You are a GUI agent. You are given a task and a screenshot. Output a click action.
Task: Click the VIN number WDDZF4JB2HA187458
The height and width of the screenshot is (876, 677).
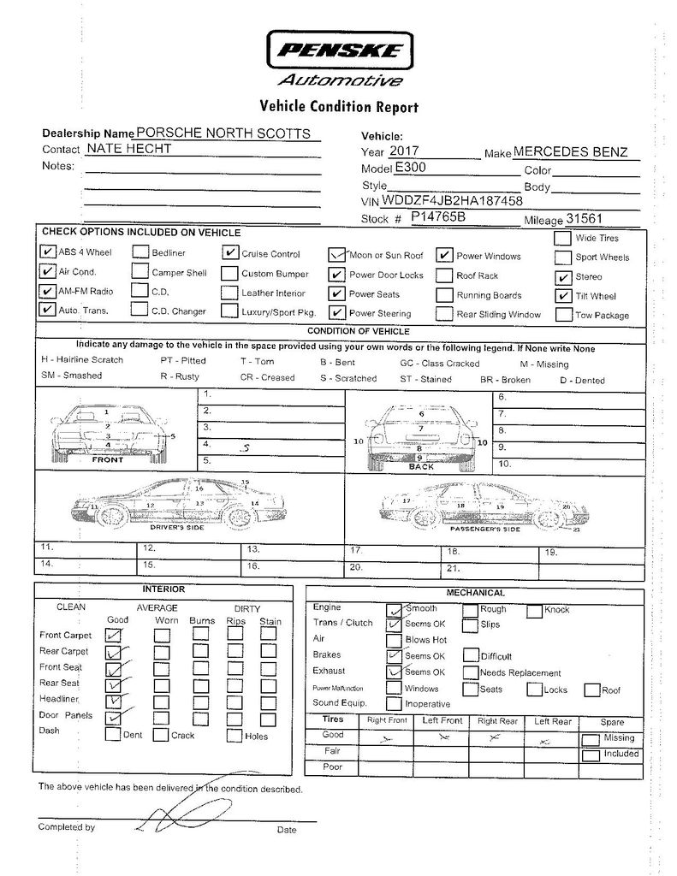[453, 201]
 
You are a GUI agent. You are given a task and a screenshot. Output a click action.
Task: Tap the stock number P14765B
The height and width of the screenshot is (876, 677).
[437, 217]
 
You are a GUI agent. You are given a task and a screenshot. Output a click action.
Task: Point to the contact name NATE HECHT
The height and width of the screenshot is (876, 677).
[132, 149]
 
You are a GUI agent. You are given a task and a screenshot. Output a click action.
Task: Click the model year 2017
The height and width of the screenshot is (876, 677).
[411, 151]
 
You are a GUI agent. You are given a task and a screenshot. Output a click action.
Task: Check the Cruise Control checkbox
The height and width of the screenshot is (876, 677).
[229, 253]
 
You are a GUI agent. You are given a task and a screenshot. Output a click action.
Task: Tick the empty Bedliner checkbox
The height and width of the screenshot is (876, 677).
[140, 253]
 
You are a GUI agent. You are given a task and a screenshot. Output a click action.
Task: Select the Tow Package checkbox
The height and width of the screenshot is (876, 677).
[562, 314]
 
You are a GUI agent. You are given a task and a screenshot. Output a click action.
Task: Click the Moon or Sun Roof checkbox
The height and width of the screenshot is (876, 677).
[337, 255]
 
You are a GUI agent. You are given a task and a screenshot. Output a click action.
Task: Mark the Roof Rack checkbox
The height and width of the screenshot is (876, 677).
[443, 275]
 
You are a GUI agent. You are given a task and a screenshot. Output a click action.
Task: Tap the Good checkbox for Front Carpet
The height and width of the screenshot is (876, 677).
[113, 635]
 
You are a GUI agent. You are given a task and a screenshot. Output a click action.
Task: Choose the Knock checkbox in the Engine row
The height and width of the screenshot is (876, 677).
[534, 610]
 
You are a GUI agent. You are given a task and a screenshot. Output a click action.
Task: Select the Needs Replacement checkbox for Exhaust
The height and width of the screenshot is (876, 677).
[470, 672]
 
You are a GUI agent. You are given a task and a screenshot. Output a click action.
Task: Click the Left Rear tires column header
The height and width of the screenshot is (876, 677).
[552, 721]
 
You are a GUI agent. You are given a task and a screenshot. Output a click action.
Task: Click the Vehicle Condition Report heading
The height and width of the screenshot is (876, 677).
[339, 107]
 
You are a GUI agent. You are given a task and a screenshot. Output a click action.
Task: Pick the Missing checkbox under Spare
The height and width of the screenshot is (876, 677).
[591, 739]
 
